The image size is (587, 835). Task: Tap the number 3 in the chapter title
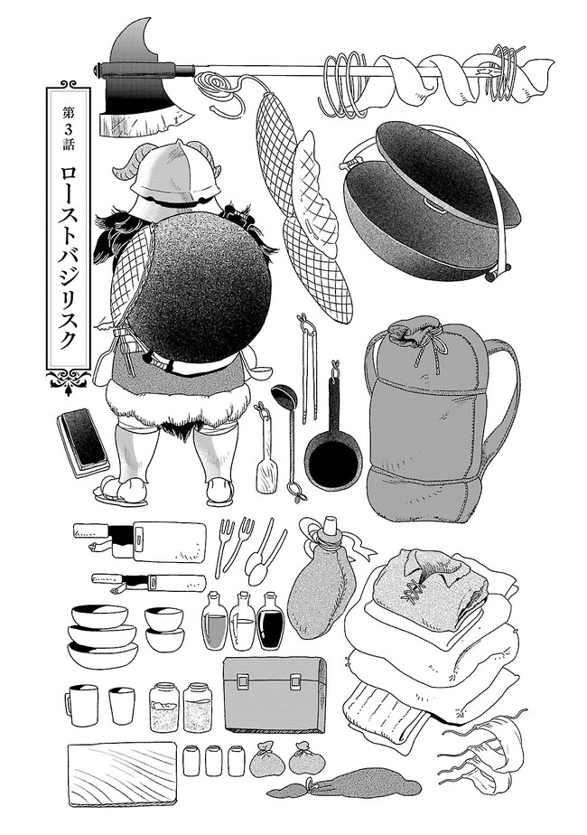[x=69, y=128]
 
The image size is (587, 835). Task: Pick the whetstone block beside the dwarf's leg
[x=82, y=443]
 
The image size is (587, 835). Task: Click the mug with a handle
[x=82, y=704]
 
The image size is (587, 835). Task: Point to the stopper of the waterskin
[x=330, y=526]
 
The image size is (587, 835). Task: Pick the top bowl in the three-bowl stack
[x=99, y=615]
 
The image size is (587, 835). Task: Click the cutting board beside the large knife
[x=169, y=540]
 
